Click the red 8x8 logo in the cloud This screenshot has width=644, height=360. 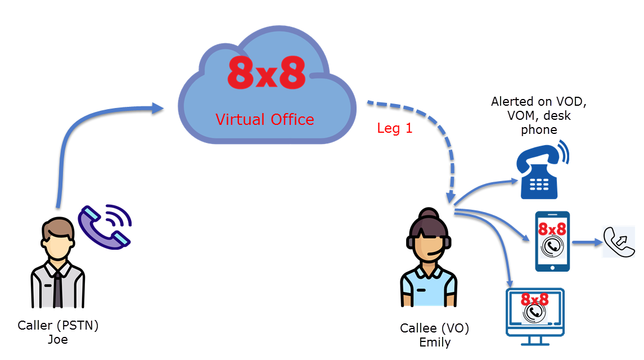[267, 73]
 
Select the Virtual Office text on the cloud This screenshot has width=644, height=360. [265, 120]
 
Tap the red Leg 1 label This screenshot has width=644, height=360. [395, 128]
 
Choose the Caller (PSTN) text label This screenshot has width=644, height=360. [58, 326]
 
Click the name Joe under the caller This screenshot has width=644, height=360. [58, 339]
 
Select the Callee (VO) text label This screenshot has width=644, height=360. [435, 328]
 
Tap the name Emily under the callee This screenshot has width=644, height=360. [435, 343]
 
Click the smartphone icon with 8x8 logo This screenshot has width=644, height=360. [552, 242]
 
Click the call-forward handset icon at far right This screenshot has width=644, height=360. [619, 242]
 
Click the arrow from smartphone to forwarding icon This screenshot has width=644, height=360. [587, 242]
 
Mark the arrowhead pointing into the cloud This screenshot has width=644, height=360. [157, 108]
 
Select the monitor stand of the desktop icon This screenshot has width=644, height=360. [534, 341]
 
